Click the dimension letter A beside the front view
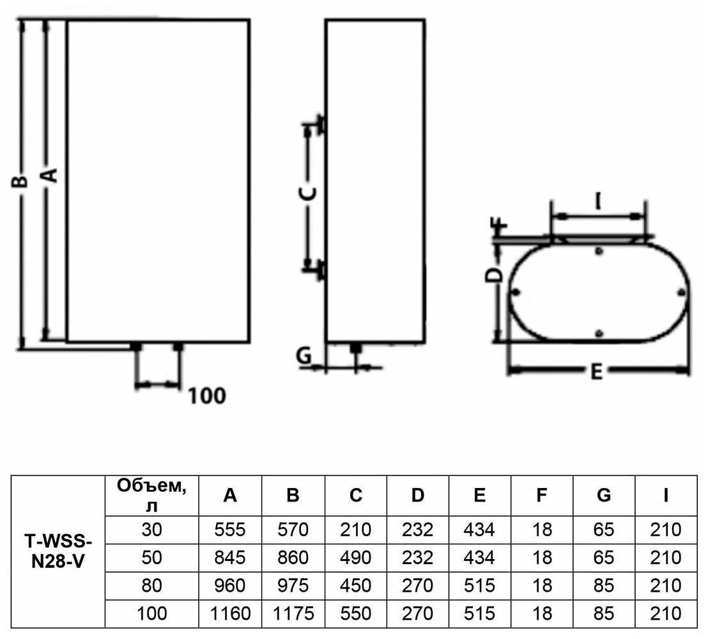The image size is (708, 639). point(51,175)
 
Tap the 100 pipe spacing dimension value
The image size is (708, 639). point(207,397)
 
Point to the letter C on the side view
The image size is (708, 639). point(309,193)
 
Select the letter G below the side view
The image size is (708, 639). point(304,355)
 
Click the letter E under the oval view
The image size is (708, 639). point(596,372)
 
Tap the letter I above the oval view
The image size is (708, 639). point(598,201)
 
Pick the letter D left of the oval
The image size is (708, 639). point(493,274)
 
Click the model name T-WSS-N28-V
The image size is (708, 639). point(58,551)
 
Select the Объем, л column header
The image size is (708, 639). point(151,496)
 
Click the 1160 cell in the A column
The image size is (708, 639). point(230,613)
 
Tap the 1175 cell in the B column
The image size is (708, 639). point(293,613)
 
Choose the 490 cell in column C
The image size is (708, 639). point(356,558)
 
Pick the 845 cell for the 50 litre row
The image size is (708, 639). point(230,558)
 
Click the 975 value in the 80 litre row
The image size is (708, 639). point(293,586)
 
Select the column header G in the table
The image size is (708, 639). point(604,496)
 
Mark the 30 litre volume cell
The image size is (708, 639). point(151,530)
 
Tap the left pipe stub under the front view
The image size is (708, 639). point(135,347)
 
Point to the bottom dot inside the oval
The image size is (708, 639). point(599,334)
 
